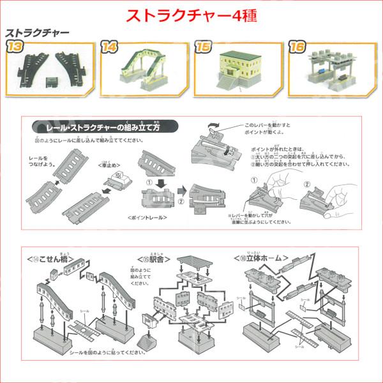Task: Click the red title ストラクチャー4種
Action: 191,15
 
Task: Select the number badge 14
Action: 109,46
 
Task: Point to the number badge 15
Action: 202,46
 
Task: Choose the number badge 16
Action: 297,46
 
